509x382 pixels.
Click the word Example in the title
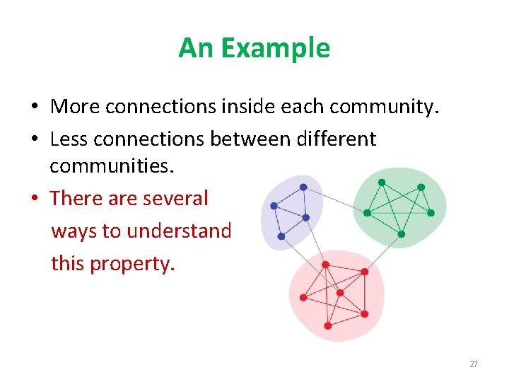275,48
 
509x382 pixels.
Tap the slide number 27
474,364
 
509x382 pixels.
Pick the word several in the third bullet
175,198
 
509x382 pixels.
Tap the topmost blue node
303,187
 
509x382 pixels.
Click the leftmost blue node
274,206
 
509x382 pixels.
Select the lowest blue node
281,236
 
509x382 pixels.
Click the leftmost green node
367,212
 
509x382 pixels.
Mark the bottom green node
401,234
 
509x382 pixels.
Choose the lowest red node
328,325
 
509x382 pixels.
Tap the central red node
340,292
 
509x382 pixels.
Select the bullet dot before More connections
33,108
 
